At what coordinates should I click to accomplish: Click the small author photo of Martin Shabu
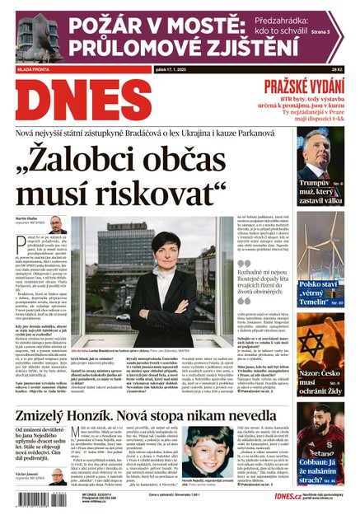pyautogui.click(x=56, y=226)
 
